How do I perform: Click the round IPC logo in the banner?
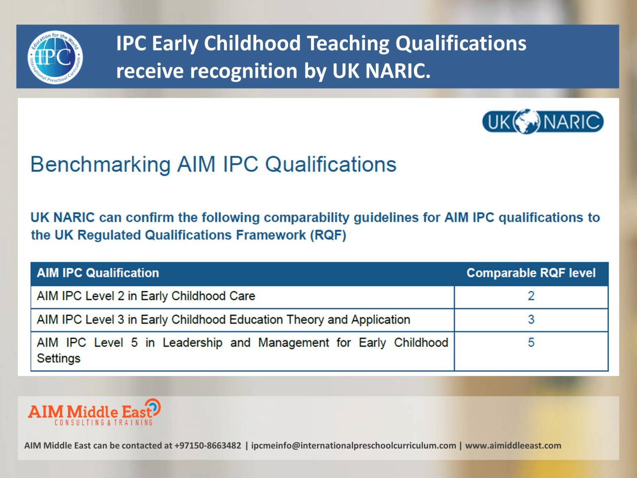55,57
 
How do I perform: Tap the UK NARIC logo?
542,122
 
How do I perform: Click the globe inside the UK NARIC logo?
527,122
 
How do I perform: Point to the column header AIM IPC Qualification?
98,273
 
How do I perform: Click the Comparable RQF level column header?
531,273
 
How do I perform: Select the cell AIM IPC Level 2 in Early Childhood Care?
146,296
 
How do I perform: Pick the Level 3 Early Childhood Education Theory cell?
223,320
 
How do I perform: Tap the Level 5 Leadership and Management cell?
242,350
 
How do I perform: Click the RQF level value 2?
531,296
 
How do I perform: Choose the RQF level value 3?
531,320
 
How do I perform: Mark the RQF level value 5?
531,343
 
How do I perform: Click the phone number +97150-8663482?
208,446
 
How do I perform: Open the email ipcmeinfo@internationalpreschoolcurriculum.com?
353,446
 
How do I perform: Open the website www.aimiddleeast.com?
513,446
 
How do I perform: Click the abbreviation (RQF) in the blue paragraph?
328,235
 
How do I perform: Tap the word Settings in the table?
59,358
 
